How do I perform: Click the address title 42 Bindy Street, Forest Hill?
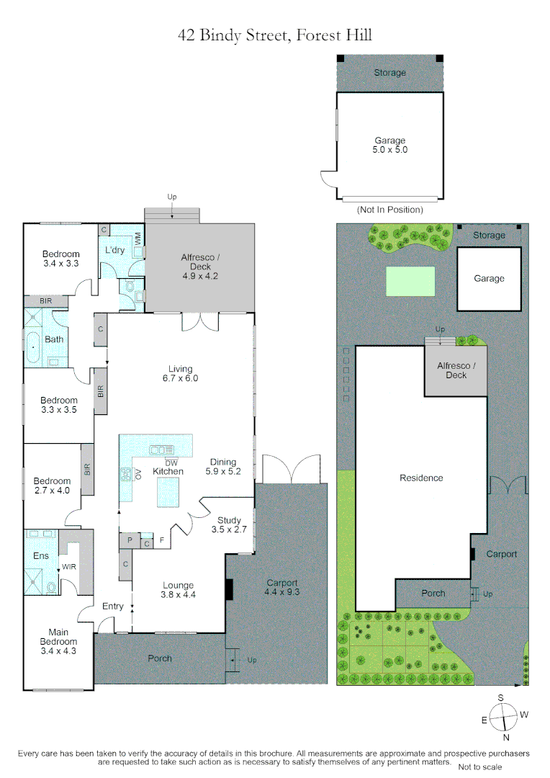[275, 35]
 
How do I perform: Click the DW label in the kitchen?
[171, 462]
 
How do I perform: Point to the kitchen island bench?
[173, 491]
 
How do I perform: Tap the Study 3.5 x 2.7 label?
[230, 524]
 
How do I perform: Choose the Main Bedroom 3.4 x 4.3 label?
[58, 645]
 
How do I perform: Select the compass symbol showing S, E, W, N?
[503, 717]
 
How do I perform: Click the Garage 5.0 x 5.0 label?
[389, 146]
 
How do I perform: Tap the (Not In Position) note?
[389, 210]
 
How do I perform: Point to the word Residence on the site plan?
[421, 478]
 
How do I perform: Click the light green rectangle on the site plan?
[410, 281]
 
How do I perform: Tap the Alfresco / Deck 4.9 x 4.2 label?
[199, 267]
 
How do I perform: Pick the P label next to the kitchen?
[130, 539]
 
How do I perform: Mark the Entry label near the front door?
[113, 607]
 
